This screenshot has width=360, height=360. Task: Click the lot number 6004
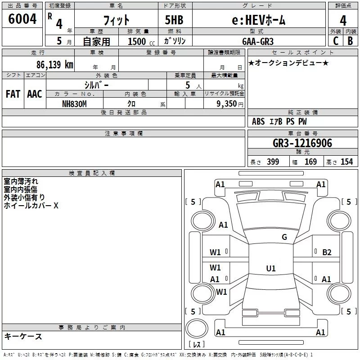[x=22, y=18]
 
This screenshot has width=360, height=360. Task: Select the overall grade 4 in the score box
[x=343, y=21]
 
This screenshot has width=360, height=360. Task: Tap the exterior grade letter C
[x=336, y=41]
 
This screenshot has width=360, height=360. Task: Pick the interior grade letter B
[x=350, y=41]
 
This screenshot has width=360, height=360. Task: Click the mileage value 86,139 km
[x=54, y=64]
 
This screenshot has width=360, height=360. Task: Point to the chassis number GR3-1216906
[x=302, y=143]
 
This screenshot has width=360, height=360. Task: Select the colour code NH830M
[x=74, y=104]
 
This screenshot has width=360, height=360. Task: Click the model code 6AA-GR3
[x=258, y=41]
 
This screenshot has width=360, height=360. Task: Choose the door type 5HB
[x=174, y=20]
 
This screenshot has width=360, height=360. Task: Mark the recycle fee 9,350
[x=226, y=104]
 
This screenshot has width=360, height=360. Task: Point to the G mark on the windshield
[x=284, y=237]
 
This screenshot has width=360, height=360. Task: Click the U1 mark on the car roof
[x=271, y=268]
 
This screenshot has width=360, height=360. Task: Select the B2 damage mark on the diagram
[x=327, y=252]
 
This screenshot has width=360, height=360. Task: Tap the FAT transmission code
[x=13, y=94]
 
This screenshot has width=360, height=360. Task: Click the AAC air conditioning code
[x=35, y=94]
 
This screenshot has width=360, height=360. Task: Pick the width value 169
[x=310, y=162]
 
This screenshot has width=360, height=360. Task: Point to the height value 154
[x=346, y=162]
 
